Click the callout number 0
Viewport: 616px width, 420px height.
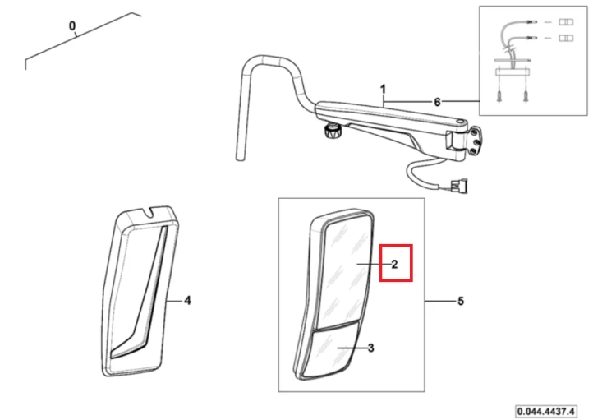72,26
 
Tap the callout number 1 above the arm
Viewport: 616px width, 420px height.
383,90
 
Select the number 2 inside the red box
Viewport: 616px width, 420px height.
394,265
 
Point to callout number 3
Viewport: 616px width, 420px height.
370,348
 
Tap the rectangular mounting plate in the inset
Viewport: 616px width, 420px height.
513,72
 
